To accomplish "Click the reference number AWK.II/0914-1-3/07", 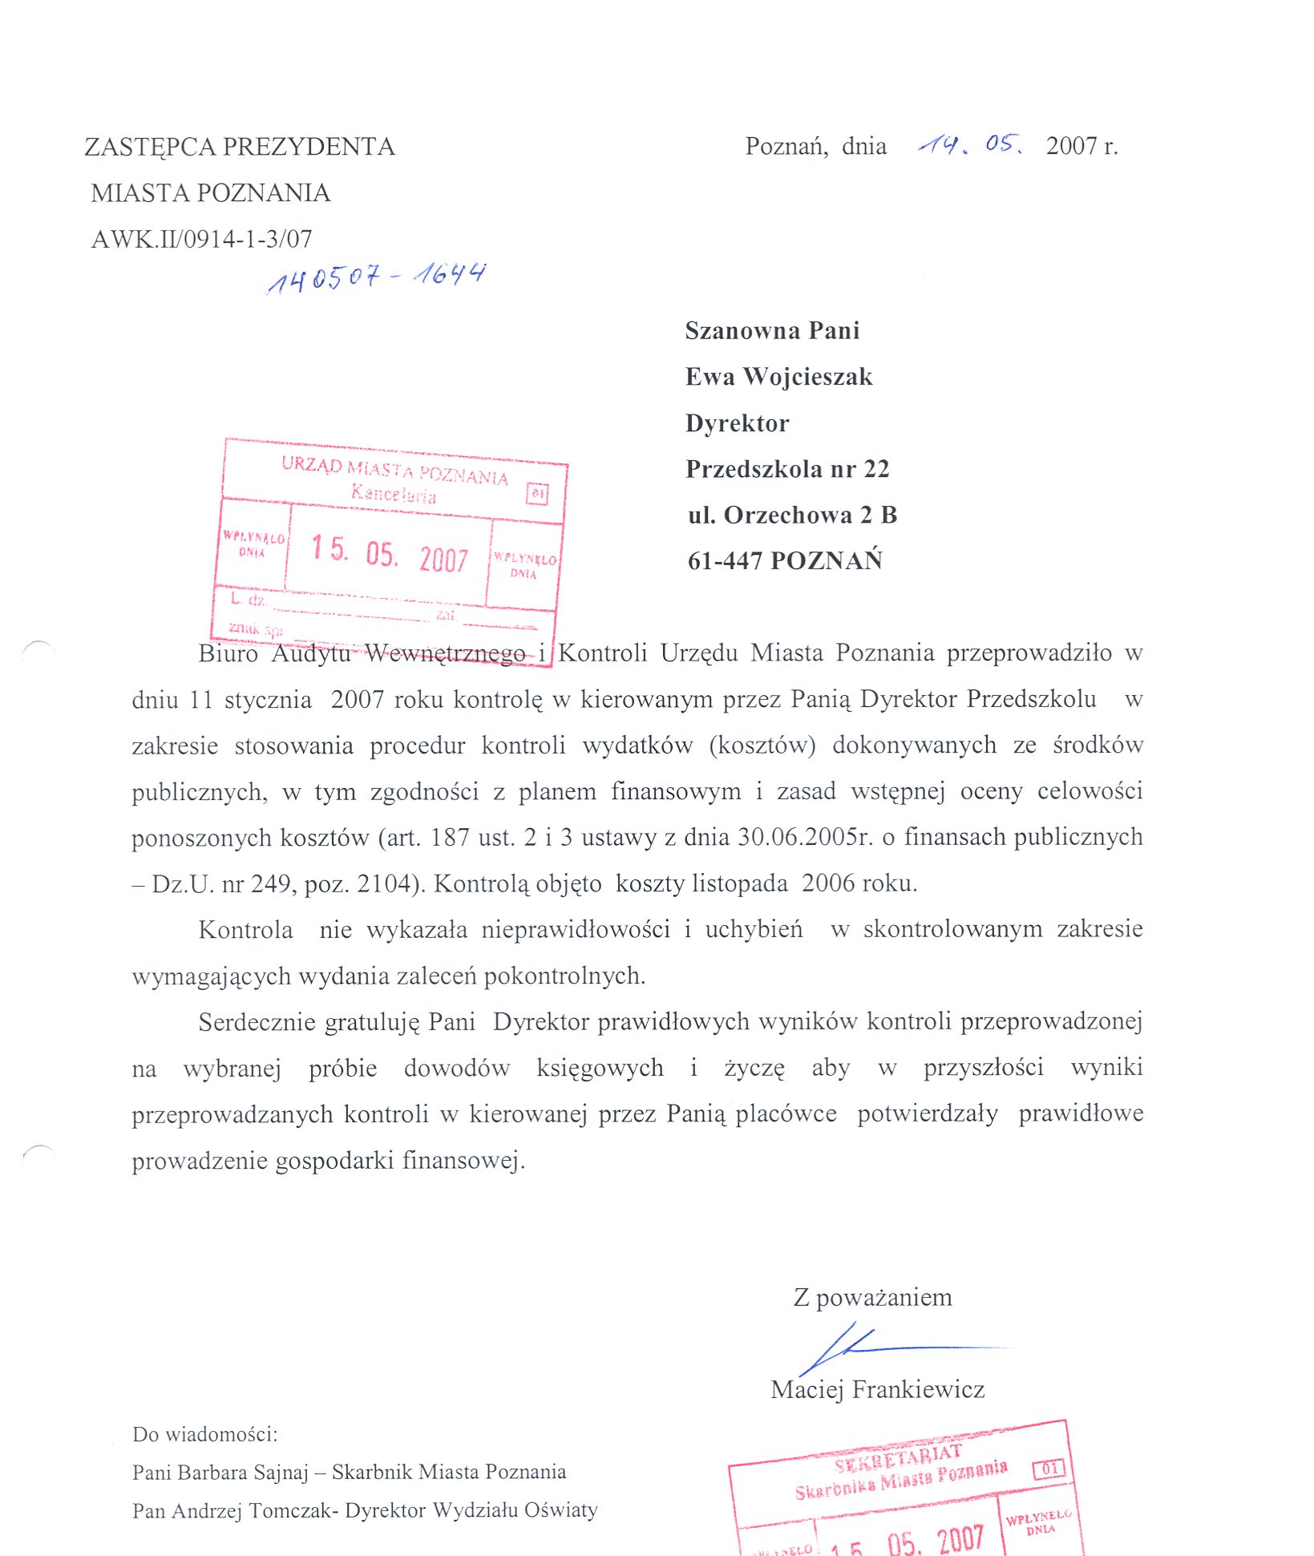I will coord(201,239).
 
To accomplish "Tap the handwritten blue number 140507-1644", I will coord(376,277).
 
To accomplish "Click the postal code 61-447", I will coord(725,560).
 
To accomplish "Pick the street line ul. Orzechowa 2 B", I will coord(792,515).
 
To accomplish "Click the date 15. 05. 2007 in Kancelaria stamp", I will coord(390,553).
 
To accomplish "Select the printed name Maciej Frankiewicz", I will coord(877,1389).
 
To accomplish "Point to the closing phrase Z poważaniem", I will coord(872,1297).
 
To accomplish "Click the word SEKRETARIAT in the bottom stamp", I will coord(897,1459).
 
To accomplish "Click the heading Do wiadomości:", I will coord(205,1434).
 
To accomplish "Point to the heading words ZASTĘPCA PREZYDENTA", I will coord(240,147).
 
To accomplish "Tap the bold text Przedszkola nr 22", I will coord(787,469).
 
